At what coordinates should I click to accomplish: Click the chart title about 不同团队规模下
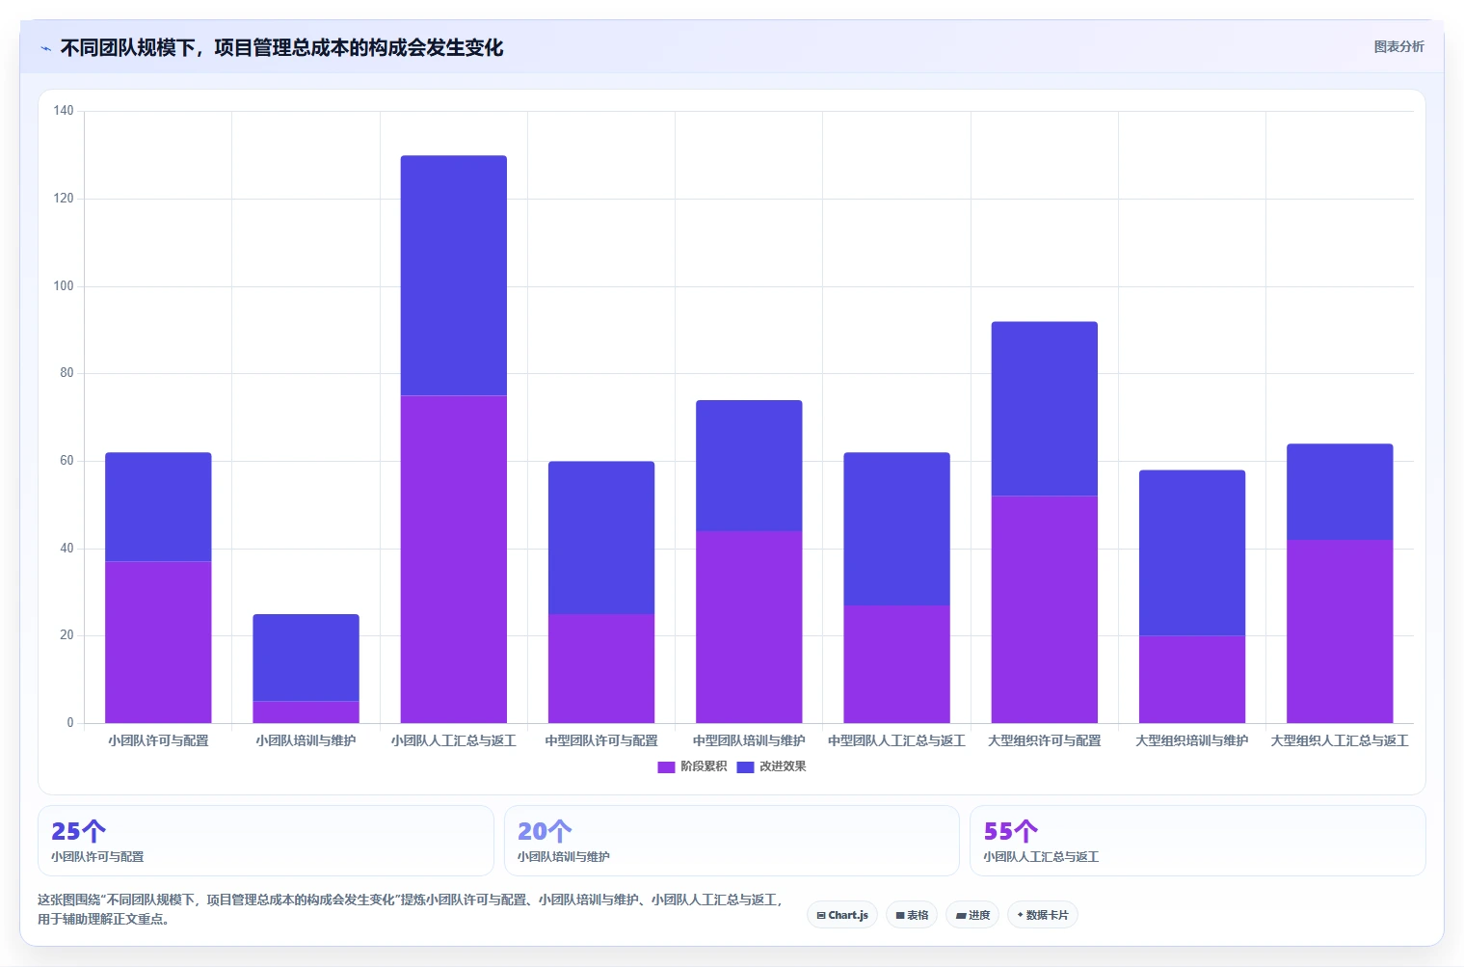pyautogui.click(x=281, y=48)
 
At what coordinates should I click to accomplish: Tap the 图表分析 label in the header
pyautogui.click(x=1398, y=47)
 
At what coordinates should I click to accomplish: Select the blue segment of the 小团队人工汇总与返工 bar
pyautogui.click(x=454, y=276)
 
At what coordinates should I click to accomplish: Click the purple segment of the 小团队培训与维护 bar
pyautogui.click(x=306, y=712)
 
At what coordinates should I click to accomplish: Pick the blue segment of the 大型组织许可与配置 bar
pyautogui.click(x=1045, y=409)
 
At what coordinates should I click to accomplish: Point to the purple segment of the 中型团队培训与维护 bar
pyautogui.click(x=749, y=627)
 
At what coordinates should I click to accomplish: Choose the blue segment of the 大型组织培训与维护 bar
pyautogui.click(x=1192, y=553)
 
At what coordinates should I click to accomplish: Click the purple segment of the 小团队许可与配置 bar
pyautogui.click(x=158, y=642)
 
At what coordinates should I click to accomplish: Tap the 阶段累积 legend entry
pyautogui.click(x=692, y=766)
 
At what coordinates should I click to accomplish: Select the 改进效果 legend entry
pyautogui.click(x=772, y=766)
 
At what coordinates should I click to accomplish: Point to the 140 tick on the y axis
pyautogui.click(x=64, y=111)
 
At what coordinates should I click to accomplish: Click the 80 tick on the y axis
pyautogui.click(x=67, y=373)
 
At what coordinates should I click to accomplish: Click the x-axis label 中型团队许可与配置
pyautogui.click(x=601, y=740)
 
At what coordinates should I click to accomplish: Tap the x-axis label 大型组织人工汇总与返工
pyautogui.click(x=1340, y=740)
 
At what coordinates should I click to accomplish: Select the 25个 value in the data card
pyautogui.click(x=78, y=831)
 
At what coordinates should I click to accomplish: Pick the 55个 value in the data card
pyautogui.click(x=1010, y=831)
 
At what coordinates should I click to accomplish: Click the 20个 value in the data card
pyautogui.click(x=545, y=831)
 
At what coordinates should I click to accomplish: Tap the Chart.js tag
pyautogui.click(x=842, y=915)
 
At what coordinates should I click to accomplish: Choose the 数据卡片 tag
pyautogui.click(x=1043, y=915)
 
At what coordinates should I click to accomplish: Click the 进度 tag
pyautogui.click(x=972, y=915)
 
